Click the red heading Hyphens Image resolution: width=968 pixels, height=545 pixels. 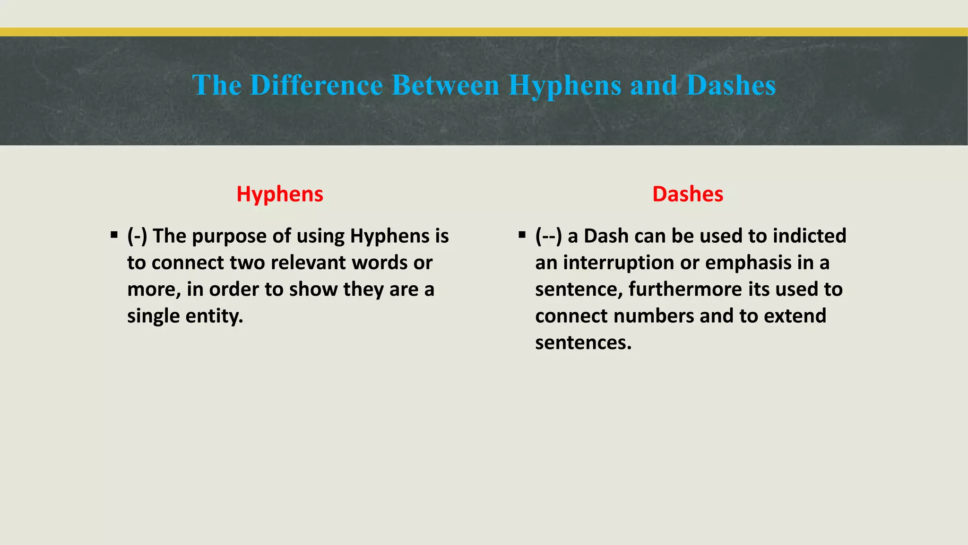(x=280, y=194)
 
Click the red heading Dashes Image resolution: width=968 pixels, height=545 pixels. (x=688, y=194)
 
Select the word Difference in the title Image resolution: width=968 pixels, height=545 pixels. (x=316, y=86)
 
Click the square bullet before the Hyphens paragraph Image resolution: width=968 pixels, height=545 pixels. (x=114, y=235)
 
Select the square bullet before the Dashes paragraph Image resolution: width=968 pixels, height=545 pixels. (x=522, y=235)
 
